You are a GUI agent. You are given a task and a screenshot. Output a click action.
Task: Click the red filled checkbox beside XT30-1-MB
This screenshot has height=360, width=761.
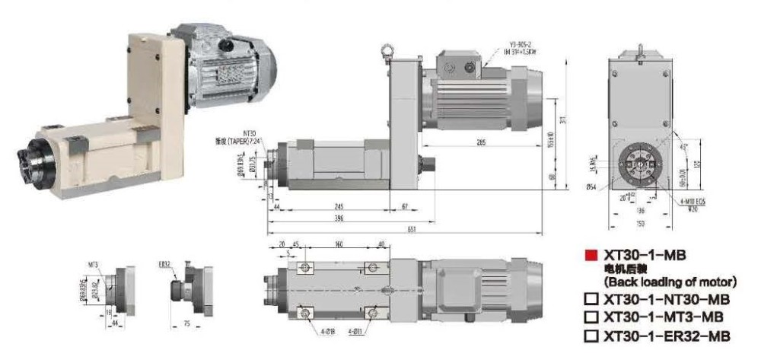tap(591, 256)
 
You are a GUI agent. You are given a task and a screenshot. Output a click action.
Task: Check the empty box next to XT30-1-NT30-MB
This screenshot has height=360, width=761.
tap(591, 301)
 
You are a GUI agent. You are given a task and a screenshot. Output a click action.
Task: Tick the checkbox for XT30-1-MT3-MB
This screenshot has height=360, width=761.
tap(591, 317)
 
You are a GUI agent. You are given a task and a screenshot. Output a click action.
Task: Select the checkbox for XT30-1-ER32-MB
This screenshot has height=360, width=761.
tap(591, 336)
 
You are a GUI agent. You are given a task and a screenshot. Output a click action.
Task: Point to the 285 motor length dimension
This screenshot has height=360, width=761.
tap(481, 142)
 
